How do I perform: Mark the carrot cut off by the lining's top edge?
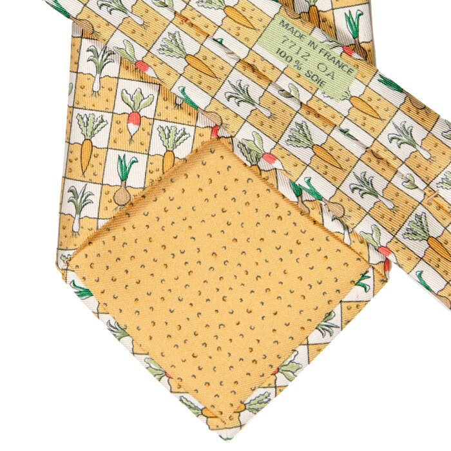pyautogui.click(x=168, y=158)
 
